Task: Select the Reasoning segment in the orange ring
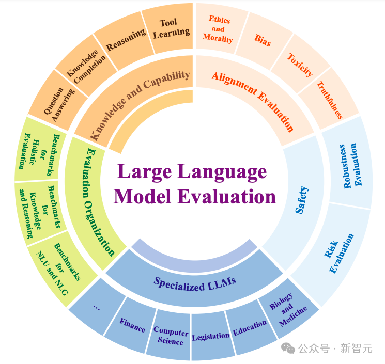click(126, 40)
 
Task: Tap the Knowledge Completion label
click(86, 67)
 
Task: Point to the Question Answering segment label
click(59, 104)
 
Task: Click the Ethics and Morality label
click(218, 29)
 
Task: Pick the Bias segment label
click(263, 40)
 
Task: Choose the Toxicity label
click(300, 65)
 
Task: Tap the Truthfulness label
click(330, 100)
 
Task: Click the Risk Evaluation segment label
click(339, 253)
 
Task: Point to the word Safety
click(301, 200)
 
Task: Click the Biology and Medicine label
click(288, 310)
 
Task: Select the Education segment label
click(250, 328)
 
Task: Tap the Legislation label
click(210, 337)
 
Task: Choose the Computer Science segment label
click(171, 336)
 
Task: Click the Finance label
click(132, 325)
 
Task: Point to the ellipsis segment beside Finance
click(97, 307)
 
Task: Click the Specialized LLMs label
click(195, 284)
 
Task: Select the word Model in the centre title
click(143, 197)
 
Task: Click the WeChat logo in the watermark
click(288, 349)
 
